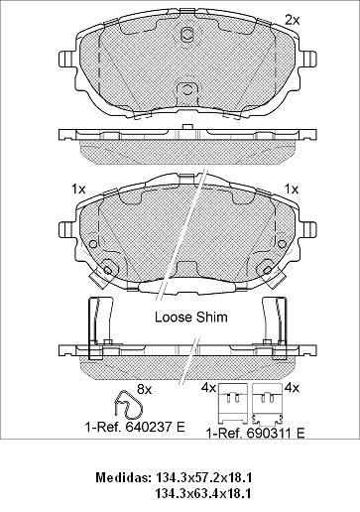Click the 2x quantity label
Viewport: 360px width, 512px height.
tap(292, 21)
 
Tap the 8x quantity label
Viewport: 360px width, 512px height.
tap(144, 390)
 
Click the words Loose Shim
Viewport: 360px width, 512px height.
tap(191, 318)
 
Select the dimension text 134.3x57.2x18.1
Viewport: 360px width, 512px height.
tap(203, 477)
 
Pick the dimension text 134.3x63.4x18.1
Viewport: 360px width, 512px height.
tap(202, 494)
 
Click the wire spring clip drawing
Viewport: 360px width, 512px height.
tap(128, 406)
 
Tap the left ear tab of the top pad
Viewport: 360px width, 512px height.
tap(65, 59)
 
